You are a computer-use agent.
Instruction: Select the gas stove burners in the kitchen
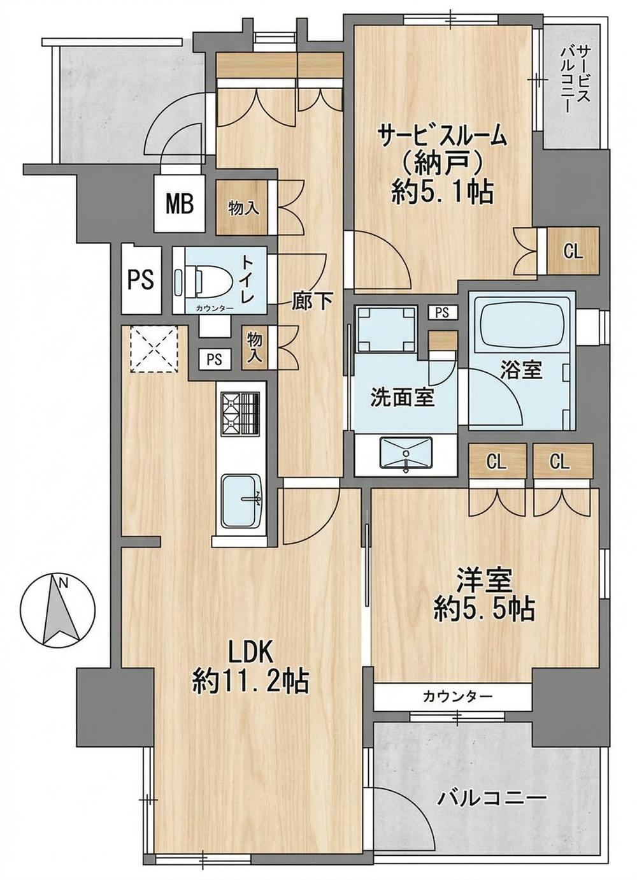coord(240,414)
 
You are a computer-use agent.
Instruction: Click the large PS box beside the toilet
coord(141,278)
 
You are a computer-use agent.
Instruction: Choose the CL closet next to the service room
coord(573,250)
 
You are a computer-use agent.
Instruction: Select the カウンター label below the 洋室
coord(457,422)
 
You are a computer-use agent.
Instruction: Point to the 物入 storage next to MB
coord(244,208)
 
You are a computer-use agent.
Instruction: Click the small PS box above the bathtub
coord(442,312)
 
